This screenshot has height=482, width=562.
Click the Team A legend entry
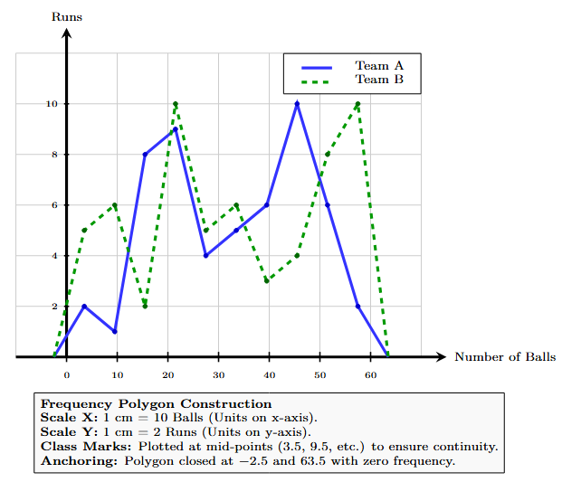tap(378, 66)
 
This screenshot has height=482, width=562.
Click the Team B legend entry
tap(378, 80)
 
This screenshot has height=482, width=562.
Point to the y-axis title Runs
tap(66, 16)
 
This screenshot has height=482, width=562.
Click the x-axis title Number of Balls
tap(504, 357)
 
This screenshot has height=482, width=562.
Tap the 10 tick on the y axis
tap(52, 104)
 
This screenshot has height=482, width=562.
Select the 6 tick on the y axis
tap(54, 205)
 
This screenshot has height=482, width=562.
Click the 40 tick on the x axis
tap(269, 374)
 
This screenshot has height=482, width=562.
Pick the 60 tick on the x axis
tap(370, 374)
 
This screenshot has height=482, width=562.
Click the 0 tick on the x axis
tap(66, 374)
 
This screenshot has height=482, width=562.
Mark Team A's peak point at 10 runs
tap(297, 104)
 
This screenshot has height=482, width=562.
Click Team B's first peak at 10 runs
tap(176, 104)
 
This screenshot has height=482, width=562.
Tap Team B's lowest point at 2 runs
tap(145, 306)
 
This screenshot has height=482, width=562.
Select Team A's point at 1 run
tap(115, 331)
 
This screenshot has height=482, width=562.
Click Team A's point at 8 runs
tap(145, 155)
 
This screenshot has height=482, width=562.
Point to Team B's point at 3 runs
tap(267, 280)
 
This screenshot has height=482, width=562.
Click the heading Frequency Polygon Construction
tap(157, 403)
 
